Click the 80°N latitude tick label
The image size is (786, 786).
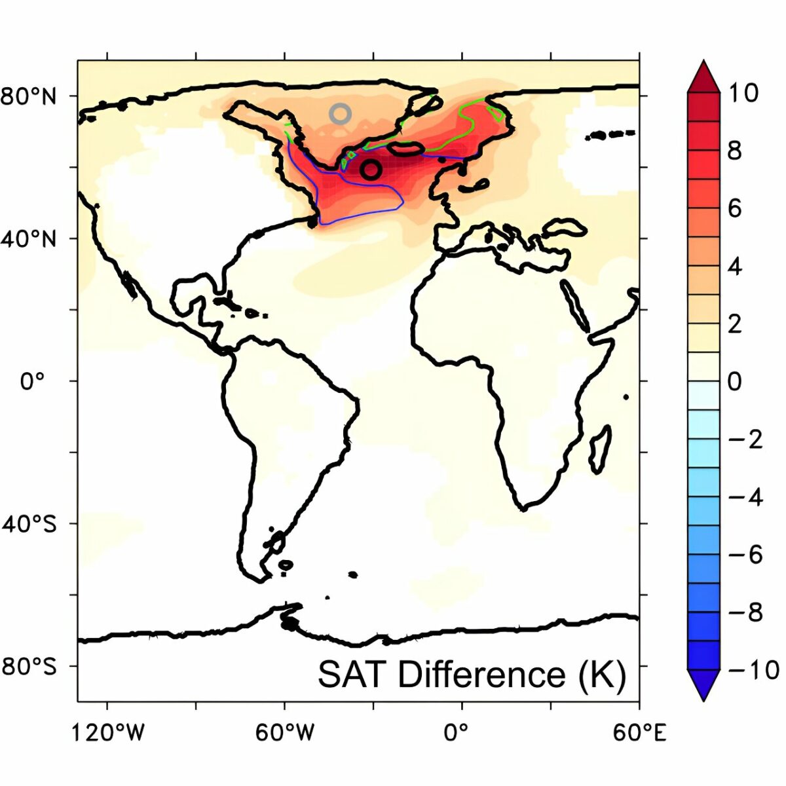click(x=29, y=96)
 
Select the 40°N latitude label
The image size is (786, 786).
click(x=29, y=238)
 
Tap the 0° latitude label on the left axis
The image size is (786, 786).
click(x=33, y=381)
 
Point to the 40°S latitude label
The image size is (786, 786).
click(x=29, y=523)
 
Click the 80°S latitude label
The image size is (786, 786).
click(x=29, y=666)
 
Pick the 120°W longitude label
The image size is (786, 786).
click(x=108, y=733)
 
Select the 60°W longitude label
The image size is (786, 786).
click(x=285, y=733)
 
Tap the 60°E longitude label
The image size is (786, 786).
click(x=639, y=733)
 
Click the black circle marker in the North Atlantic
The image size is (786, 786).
click(x=371, y=169)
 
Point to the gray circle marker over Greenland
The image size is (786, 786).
click(x=340, y=113)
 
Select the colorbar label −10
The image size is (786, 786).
click(x=754, y=670)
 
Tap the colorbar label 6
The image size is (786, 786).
click(x=735, y=208)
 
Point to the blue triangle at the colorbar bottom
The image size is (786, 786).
click(x=703, y=684)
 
